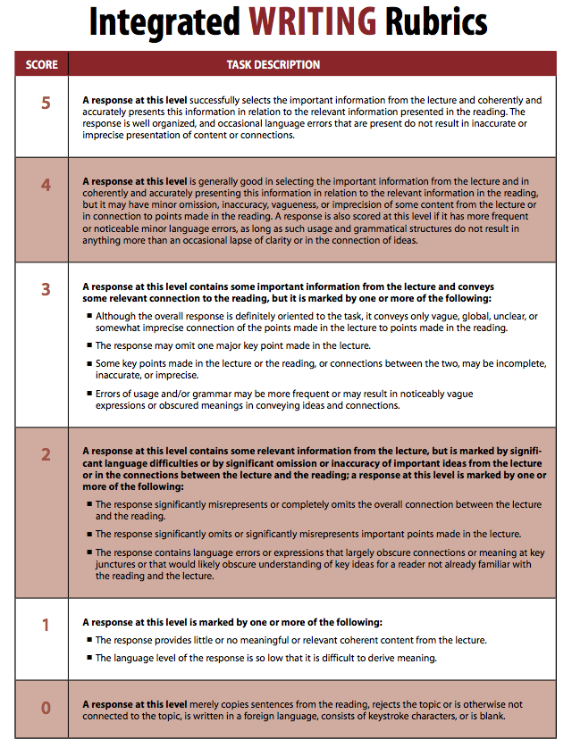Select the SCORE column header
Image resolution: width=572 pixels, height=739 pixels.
click(x=42, y=64)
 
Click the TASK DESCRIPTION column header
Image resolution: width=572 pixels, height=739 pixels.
click(x=273, y=64)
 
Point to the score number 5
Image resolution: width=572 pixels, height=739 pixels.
click(x=46, y=103)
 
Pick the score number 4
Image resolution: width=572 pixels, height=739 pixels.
click(x=46, y=186)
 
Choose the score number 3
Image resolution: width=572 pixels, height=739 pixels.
click(x=46, y=289)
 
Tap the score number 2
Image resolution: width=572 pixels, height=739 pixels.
click(x=46, y=454)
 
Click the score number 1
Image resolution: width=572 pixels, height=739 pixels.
click(x=46, y=626)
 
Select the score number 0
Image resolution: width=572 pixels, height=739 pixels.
click(x=46, y=708)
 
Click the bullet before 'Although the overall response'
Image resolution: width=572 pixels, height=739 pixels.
click(x=89, y=316)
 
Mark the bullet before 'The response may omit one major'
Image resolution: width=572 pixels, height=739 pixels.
click(x=89, y=345)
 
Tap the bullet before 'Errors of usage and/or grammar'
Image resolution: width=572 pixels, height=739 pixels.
click(x=89, y=394)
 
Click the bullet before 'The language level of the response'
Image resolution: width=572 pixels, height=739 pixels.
click(x=89, y=658)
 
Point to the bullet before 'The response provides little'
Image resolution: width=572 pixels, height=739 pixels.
click(x=89, y=640)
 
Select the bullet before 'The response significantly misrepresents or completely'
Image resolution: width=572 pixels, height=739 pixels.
click(x=89, y=505)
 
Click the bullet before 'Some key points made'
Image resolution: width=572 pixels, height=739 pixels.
click(x=89, y=364)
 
